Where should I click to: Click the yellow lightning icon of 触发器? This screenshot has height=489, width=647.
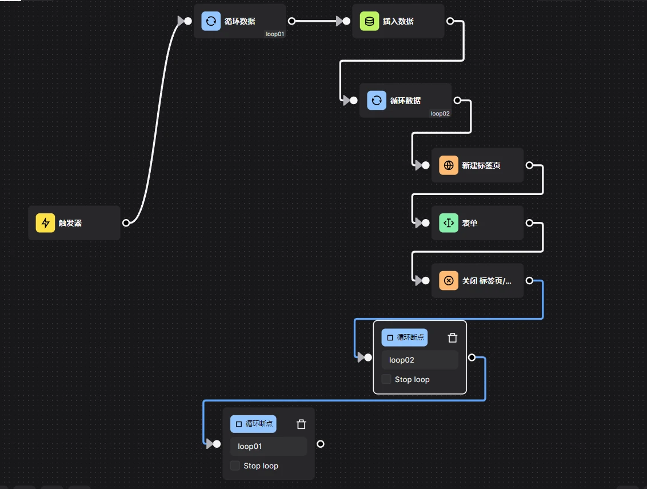(46, 223)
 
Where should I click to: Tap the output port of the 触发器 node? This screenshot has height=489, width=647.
(126, 223)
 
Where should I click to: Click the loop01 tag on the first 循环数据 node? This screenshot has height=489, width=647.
(275, 34)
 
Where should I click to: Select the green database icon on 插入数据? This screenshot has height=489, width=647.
(369, 21)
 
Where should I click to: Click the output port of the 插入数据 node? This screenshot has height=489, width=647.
(450, 21)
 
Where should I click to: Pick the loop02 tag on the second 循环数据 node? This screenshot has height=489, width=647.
(440, 113)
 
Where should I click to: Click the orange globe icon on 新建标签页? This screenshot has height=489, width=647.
(449, 165)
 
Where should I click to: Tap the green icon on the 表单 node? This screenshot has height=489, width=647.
(449, 223)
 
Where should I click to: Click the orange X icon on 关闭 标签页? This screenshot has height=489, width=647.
(449, 280)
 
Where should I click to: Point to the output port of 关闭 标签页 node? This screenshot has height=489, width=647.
(529, 280)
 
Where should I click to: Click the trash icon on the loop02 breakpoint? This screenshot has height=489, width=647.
(453, 337)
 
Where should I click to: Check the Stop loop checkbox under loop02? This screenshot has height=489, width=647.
(387, 379)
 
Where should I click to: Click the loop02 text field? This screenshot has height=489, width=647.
(420, 360)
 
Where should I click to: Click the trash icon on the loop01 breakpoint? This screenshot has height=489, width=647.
(301, 424)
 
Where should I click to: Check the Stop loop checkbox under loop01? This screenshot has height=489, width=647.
(235, 466)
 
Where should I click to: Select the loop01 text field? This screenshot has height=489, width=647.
(269, 446)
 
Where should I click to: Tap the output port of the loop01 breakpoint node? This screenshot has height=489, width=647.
(321, 444)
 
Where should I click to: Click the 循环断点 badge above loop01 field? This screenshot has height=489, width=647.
(253, 424)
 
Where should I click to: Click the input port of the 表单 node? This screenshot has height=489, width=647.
(426, 223)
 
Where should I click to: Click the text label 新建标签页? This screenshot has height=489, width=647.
(481, 165)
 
